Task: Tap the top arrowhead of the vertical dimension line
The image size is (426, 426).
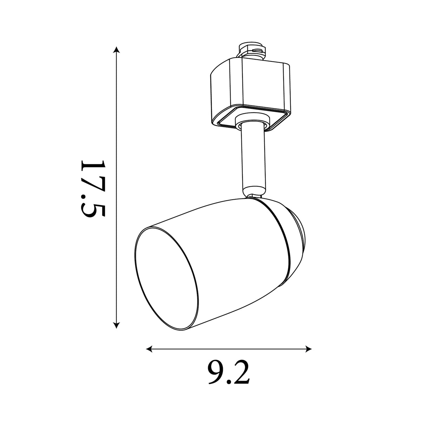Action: click(116, 50)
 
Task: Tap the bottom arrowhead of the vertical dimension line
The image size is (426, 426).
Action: click(116, 325)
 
